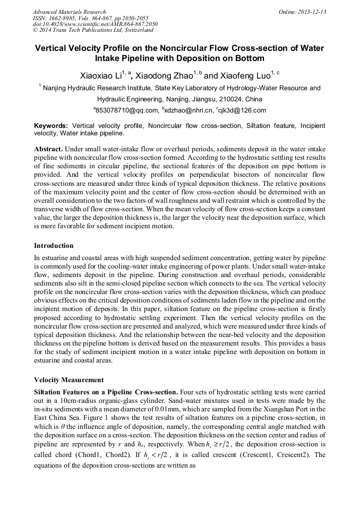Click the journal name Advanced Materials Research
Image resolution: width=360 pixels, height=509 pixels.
(x=69, y=12)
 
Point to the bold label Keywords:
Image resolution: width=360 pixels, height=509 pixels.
(x=51, y=126)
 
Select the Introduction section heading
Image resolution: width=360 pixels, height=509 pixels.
(x=54, y=246)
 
